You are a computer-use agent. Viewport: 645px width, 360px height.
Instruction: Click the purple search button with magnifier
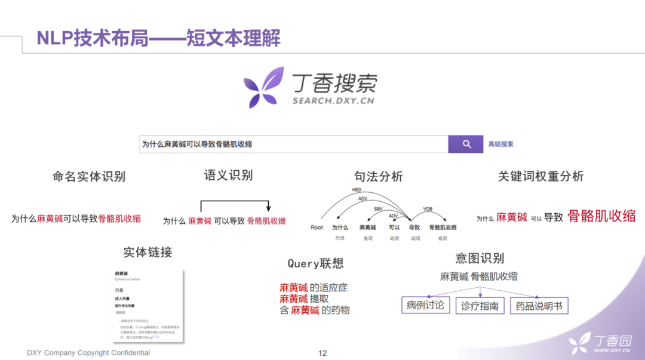pos(466,144)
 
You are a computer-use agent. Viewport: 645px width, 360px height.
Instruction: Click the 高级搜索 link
pos(500,144)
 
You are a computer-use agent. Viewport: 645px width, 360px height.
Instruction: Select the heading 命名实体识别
pos(89,176)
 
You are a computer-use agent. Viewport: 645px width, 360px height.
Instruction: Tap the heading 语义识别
pos(228,175)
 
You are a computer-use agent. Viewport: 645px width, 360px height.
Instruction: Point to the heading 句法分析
pos(378,176)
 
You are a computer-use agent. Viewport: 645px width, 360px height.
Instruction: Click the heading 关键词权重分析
pos(540,176)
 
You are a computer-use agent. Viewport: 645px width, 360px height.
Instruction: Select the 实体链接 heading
pos(148,252)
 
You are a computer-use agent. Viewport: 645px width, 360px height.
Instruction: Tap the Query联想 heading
pos(315,263)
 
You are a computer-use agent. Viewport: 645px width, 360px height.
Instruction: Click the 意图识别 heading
pos(480,258)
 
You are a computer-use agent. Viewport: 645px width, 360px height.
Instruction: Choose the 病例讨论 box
pos(425,306)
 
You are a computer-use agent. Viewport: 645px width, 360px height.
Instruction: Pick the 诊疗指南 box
pos(480,306)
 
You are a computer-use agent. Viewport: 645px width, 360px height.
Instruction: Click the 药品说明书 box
pos(539,306)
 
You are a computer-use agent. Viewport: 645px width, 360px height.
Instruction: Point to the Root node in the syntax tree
pos(317,227)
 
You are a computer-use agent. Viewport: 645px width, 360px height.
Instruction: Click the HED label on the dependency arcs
pos(357,190)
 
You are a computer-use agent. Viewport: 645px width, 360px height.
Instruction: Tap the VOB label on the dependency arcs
pos(428,209)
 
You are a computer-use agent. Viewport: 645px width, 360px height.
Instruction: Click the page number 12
pos(322,353)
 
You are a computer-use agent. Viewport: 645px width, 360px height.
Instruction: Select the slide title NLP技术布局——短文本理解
pos(158,38)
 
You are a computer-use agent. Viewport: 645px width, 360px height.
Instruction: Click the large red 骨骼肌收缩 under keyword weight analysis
pos(601,216)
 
